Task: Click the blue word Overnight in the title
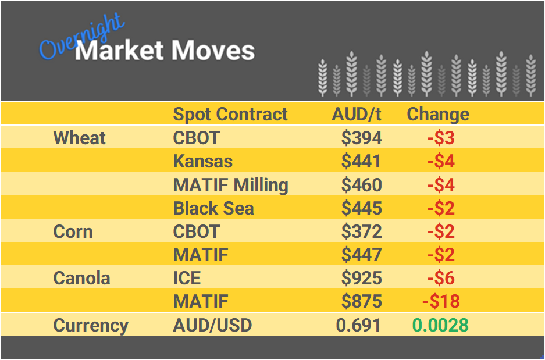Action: pos(81,36)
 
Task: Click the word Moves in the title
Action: pos(213,51)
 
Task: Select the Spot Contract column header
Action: pos(230,114)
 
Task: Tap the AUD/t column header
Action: pos(357,114)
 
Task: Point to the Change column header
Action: pos(437,114)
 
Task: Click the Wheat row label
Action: pos(80,138)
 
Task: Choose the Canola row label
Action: pos(81,278)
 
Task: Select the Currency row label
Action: pos(90,325)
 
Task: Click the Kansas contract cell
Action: pos(202,161)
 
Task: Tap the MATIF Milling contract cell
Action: pos(230,185)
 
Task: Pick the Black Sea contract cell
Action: pos(213,208)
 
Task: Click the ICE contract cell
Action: pos(187,278)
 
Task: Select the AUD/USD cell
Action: pos(212,325)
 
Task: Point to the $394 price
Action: pos(361,138)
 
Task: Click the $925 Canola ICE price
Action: pos(361,278)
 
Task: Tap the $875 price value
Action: pos(361,301)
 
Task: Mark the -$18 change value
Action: pos(440,301)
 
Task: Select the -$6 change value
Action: pos(440,278)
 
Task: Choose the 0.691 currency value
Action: pos(358,325)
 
